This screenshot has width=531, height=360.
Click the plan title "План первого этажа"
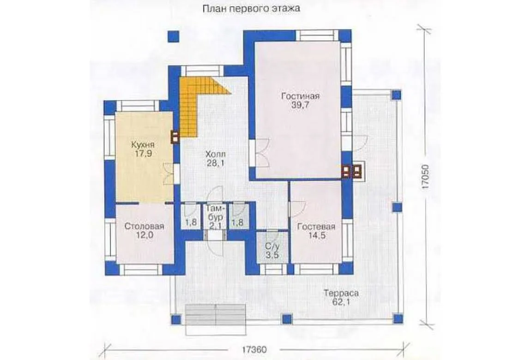(251, 9)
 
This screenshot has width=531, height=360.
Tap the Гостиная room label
(301, 96)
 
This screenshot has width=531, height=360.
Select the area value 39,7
(300, 105)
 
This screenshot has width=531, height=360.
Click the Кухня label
(143, 145)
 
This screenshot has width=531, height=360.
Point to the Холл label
(215, 154)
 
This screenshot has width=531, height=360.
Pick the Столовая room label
(144, 226)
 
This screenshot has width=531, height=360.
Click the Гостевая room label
(316, 227)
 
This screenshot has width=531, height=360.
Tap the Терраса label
(341, 294)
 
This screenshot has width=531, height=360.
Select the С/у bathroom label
(272, 246)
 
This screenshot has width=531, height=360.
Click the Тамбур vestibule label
(215, 212)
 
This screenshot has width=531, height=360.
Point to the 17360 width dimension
(254, 349)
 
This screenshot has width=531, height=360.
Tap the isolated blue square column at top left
(174, 36)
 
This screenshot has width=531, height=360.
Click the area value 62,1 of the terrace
(341, 302)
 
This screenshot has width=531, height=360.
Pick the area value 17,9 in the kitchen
(143, 154)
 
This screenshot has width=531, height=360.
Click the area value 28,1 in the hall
(215, 163)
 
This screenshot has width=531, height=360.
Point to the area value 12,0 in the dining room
(144, 235)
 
